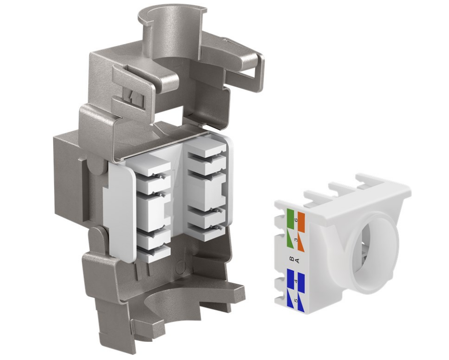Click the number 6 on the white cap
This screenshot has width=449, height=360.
296,220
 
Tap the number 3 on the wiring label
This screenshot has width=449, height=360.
296,239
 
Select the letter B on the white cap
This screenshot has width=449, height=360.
292,259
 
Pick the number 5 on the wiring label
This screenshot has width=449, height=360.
296,301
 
